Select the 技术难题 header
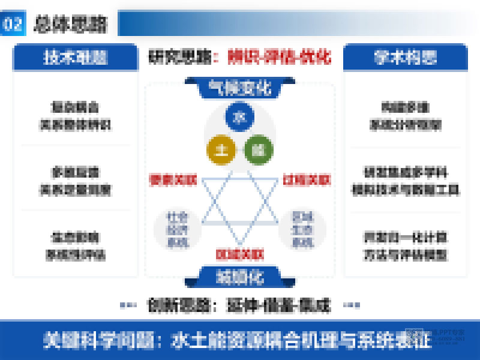pyautogui.click(x=75, y=58)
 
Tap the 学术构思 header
pyautogui.click(x=406, y=58)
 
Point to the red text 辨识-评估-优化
pyautogui.click(x=279, y=58)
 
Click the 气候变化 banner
pyautogui.click(x=239, y=88)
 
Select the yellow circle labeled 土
pyautogui.click(x=220, y=149)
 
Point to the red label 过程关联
pyautogui.click(x=307, y=179)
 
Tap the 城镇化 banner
pyautogui.click(x=239, y=276)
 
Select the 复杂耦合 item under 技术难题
pyautogui.click(x=75, y=116)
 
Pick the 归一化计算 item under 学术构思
pyautogui.click(x=406, y=245)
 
